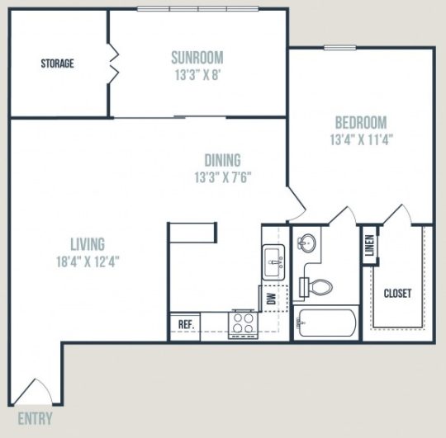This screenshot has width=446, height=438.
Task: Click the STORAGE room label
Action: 58,64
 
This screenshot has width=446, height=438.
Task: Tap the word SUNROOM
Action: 197,57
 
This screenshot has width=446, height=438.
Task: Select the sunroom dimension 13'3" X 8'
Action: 197,73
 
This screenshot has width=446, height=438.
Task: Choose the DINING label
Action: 223,160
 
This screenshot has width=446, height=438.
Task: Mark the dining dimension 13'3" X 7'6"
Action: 223,177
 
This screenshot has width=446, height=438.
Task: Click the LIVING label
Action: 88,244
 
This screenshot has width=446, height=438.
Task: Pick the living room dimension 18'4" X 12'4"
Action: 88,261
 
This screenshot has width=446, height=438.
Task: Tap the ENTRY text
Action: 35,418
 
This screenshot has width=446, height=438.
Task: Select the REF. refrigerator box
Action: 186,324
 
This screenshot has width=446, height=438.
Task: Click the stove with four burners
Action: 244,322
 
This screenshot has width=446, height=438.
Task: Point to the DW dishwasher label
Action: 272,299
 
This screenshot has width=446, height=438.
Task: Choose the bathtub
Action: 326,326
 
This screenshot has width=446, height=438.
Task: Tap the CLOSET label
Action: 397,293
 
